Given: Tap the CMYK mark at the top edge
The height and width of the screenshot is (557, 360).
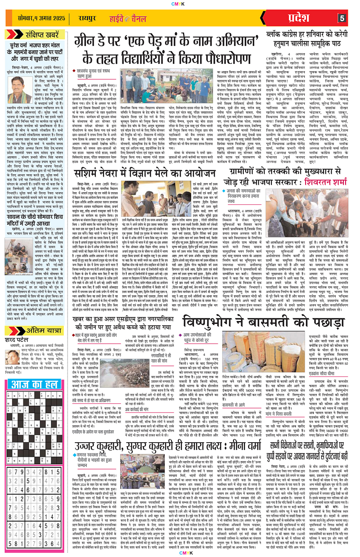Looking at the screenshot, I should (x=180, y=2).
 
